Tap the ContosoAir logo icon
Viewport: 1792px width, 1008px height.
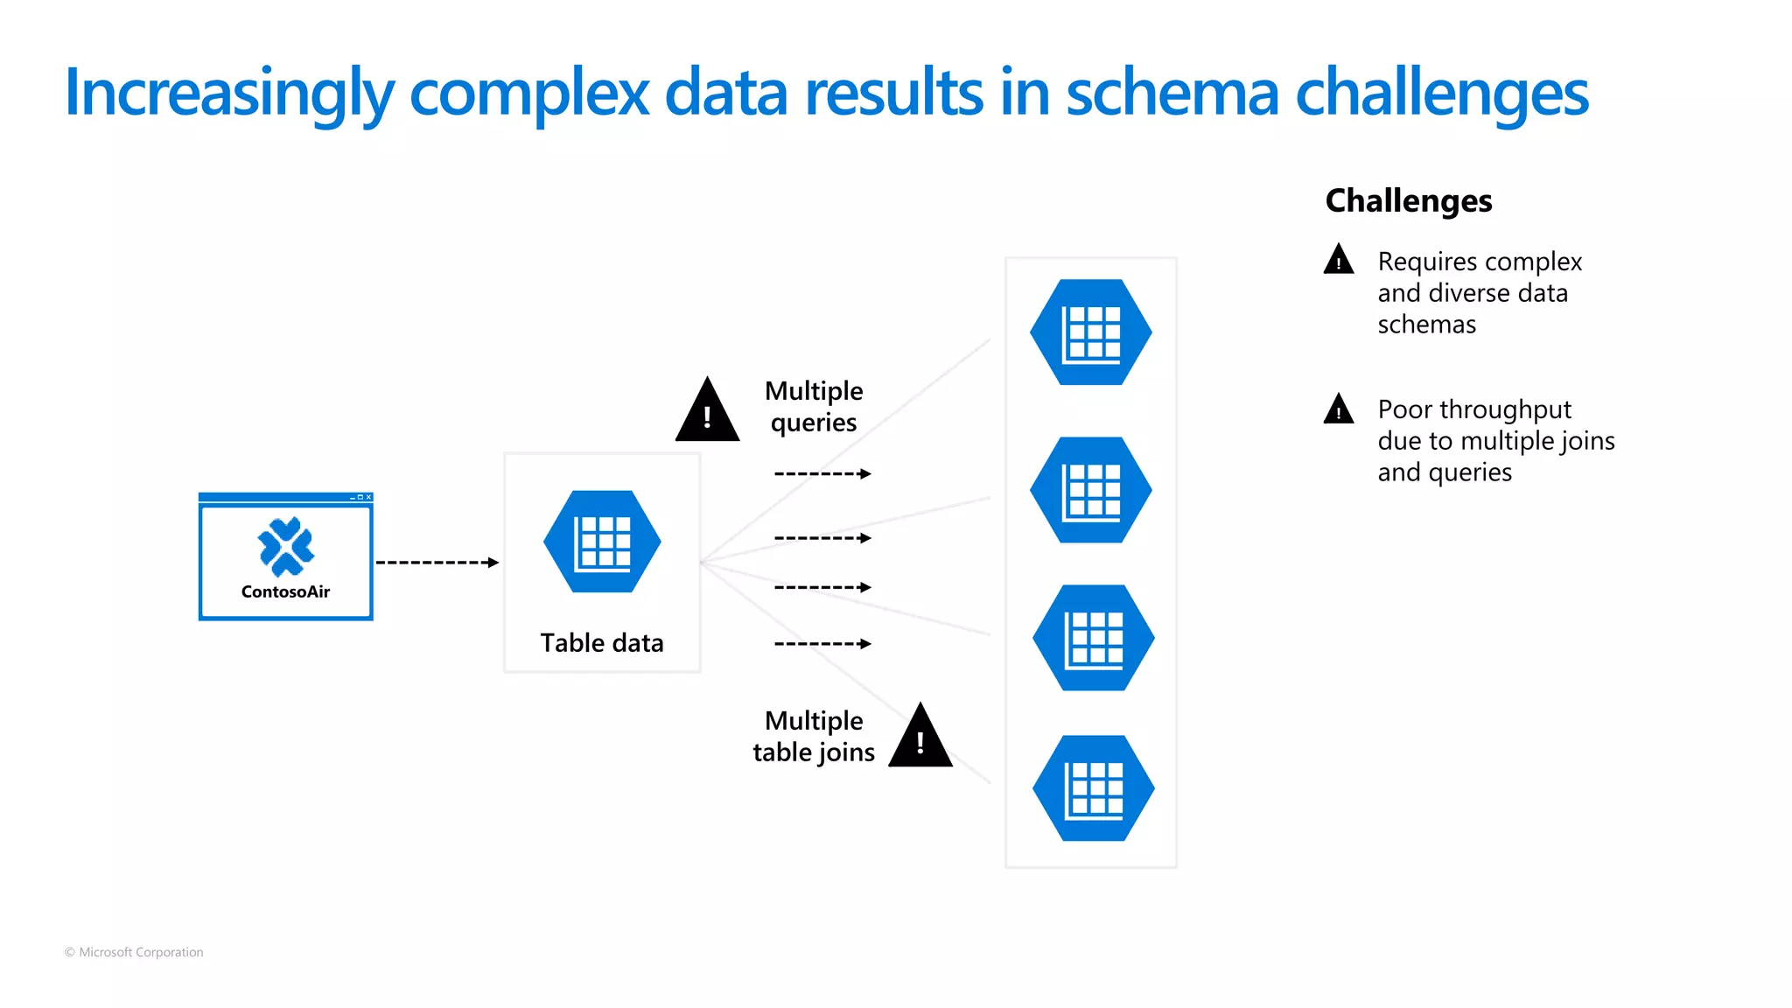click(x=286, y=547)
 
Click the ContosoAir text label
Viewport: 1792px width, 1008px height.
click(x=285, y=592)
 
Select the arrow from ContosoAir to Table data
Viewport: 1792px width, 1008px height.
click(x=437, y=563)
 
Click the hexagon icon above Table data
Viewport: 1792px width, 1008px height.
click(x=602, y=542)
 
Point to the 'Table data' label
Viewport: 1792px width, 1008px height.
click(x=602, y=643)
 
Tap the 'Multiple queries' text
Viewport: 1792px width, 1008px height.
click(x=814, y=407)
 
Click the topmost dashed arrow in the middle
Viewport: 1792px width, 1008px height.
click(x=822, y=474)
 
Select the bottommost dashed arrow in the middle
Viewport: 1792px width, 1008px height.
click(x=822, y=644)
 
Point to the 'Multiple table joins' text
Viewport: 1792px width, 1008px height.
click(x=814, y=737)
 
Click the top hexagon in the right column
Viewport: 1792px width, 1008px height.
click(x=1090, y=332)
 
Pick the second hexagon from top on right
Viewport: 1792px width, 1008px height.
click(x=1090, y=490)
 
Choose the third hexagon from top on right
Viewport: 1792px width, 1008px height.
click(x=1093, y=638)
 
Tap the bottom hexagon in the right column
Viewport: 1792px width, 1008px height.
click(x=1093, y=788)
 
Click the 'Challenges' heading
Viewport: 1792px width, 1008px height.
click(x=1408, y=201)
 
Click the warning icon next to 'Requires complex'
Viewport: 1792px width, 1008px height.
click(x=1339, y=261)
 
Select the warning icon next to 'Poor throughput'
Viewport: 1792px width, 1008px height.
click(x=1339, y=409)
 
